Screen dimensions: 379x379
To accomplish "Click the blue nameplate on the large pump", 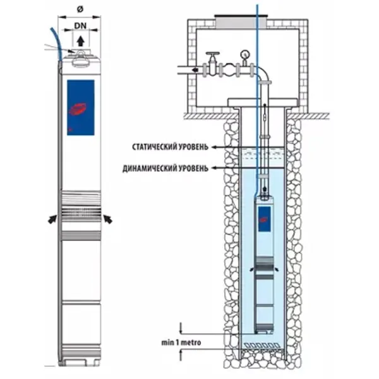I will click(x=80, y=108).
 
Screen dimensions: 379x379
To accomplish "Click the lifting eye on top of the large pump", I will click(x=80, y=57).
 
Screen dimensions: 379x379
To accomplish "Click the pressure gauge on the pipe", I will click(x=243, y=55).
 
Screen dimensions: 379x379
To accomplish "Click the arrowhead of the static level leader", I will click(x=217, y=147).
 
